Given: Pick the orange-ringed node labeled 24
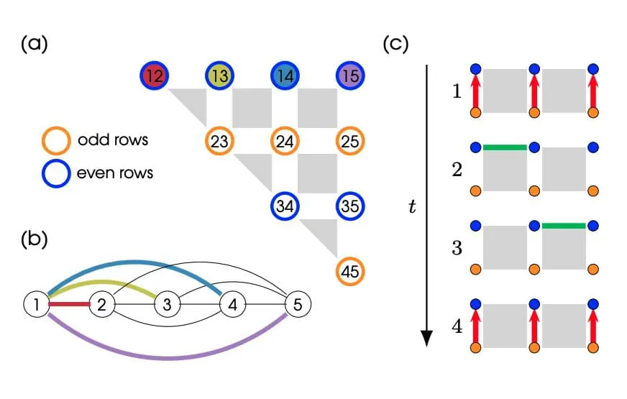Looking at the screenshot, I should coord(285,141).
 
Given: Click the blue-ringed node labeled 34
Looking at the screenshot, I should coord(285,206).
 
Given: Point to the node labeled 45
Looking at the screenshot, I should coord(350,272).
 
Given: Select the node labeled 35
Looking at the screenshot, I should coord(350,206).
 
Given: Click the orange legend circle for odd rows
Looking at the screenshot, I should coord(57,139).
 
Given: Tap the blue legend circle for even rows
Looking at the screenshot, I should coord(57,173).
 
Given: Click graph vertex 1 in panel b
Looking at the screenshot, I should coord(36,305).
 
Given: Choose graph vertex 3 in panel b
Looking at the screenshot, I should coord(167,305).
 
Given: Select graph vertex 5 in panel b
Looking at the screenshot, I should coord(298,305).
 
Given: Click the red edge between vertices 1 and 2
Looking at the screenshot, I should coord(69,305).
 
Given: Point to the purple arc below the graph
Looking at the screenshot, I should coord(167,357).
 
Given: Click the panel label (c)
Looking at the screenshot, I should coord(395,45).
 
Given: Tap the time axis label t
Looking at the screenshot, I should coord(409,208).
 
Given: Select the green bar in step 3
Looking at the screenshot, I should coord(564,226).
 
